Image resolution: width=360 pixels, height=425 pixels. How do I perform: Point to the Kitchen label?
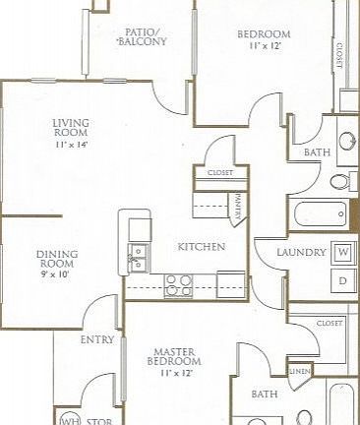pos(202,246)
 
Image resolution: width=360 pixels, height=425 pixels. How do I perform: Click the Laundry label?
pos(301,253)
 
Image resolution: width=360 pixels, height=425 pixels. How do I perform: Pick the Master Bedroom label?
pos(178,358)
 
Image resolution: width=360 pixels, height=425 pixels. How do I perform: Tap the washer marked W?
pos(343,253)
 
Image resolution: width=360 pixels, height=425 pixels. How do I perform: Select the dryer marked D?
pos(343,281)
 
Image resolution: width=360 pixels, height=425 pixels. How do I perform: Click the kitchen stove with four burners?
pos(178,284)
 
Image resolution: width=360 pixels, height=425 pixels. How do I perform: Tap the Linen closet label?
pos(300,371)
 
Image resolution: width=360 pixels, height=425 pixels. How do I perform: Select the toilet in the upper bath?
pos(338,181)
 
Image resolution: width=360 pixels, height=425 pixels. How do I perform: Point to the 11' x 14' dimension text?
pos(72,145)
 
